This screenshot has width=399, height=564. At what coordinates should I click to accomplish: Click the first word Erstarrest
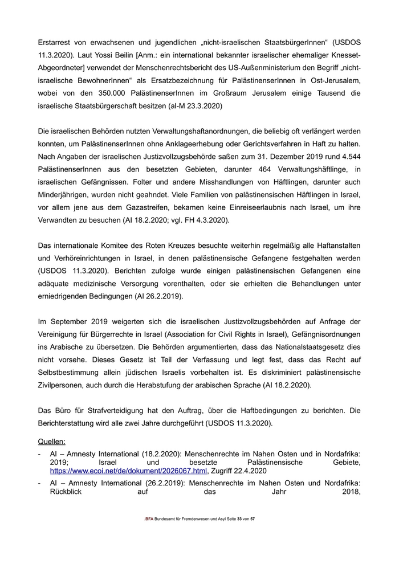pyautogui.click(x=57, y=43)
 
